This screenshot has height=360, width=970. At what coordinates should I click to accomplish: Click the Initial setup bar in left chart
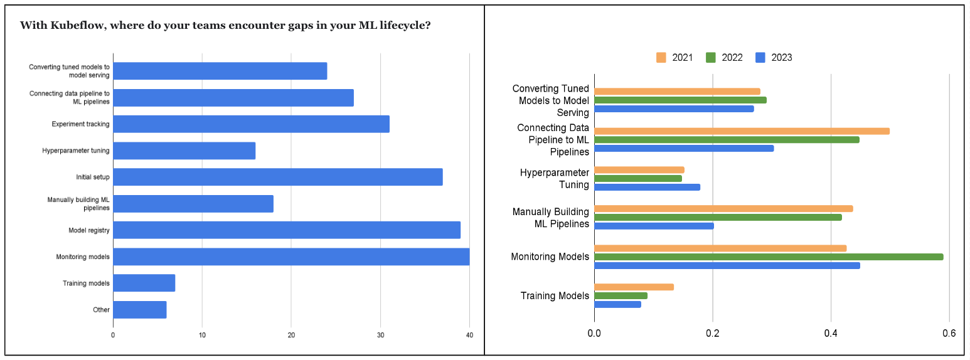tap(277, 177)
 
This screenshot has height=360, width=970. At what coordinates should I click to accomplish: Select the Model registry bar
tap(286, 230)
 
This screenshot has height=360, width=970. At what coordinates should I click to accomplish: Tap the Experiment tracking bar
tap(251, 124)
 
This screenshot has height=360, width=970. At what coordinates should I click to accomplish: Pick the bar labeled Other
tap(139, 310)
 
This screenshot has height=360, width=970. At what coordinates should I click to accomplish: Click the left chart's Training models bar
tap(144, 283)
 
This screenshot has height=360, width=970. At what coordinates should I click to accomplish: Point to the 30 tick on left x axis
tap(380, 336)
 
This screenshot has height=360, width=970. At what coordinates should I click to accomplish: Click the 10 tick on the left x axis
tap(202, 336)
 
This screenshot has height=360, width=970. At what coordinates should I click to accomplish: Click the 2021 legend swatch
tap(661, 58)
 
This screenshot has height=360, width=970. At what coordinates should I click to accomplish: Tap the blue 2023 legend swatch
tap(761, 58)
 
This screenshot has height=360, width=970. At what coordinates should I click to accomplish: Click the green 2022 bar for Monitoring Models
tap(769, 257)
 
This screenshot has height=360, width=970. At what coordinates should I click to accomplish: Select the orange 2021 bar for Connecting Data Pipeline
tap(742, 131)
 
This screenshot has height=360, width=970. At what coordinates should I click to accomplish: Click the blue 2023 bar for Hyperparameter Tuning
tap(647, 187)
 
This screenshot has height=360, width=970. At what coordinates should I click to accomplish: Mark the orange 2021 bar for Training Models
tap(634, 287)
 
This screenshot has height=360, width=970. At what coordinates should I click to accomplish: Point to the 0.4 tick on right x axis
tap(831, 333)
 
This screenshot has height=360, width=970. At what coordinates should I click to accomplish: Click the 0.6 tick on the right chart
tap(949, 333)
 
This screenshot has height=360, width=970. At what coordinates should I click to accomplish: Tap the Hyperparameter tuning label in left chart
tap(76, 151)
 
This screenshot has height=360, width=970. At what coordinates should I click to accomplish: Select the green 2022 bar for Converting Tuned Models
tap(680, 100)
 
